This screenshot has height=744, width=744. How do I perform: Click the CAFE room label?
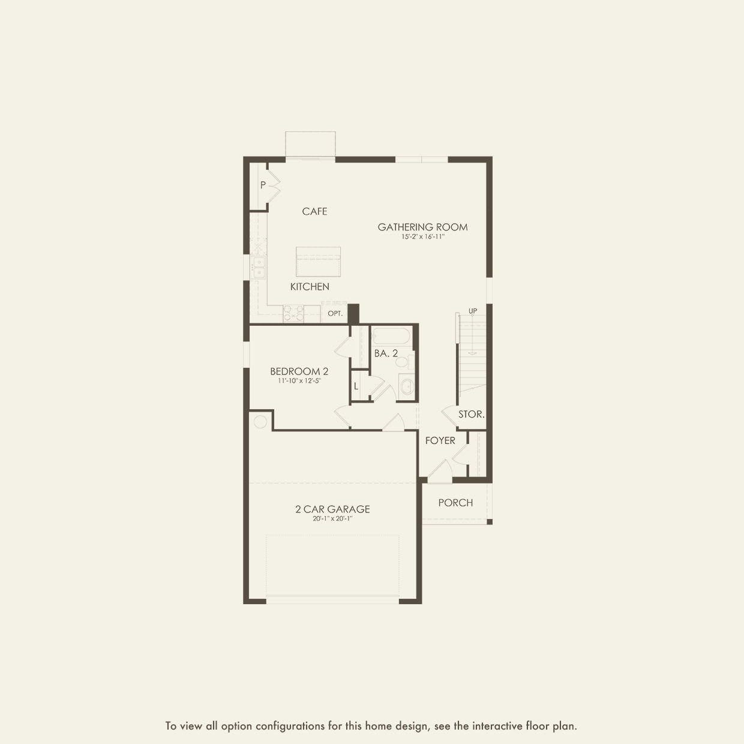click(x=314, y=211)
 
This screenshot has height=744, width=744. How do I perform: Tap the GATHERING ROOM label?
click(x=422, y=227)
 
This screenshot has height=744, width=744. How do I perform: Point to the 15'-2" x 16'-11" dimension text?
click(x=422, y=237)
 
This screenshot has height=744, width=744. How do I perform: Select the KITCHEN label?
click(x=310, y=287)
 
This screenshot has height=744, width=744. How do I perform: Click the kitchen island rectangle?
click(x=318, y=262)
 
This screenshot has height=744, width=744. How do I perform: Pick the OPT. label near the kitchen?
click(x=335, y=313)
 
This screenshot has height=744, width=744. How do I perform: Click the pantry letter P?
click(x=263, y=185)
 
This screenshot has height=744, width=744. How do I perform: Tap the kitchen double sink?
click(x=259, y=268)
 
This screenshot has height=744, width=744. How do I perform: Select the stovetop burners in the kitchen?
click(x=293, y=313)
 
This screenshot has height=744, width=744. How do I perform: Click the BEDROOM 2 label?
click(x=299, y=371)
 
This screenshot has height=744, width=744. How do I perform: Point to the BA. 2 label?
click(x=386, y=353)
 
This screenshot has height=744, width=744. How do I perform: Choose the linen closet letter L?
click(x=356, y=386)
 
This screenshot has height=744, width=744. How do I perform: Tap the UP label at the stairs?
click(x=473, y=311)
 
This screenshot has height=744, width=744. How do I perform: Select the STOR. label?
click(x=471, y=414)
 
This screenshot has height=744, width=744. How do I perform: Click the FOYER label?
click(x=440, y=440)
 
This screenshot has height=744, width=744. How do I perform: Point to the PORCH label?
click(x=455, y=503)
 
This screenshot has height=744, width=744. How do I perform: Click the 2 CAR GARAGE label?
click(x=332, y=509)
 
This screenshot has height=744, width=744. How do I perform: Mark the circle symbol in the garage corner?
click(x=260, y=422)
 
